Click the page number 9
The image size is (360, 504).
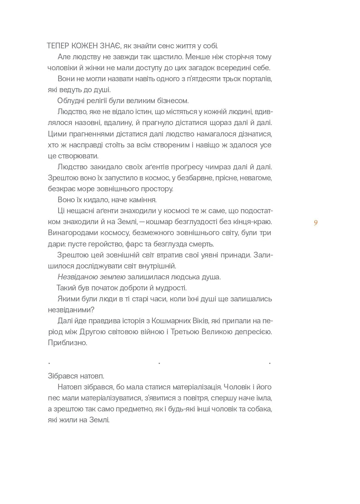(316, 223)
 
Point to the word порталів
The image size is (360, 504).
(256, 78)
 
